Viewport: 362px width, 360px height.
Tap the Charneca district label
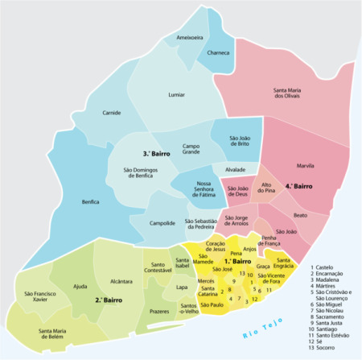(x=218, y=54)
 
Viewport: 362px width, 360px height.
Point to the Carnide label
(x=111, y=114)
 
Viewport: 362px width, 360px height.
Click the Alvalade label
(x=235, y=171)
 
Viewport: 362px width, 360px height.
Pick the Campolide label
(x=162, y=223)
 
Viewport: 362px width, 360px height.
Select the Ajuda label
(x=80, y=286)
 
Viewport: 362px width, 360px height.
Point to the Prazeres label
(x=159, y=311)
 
